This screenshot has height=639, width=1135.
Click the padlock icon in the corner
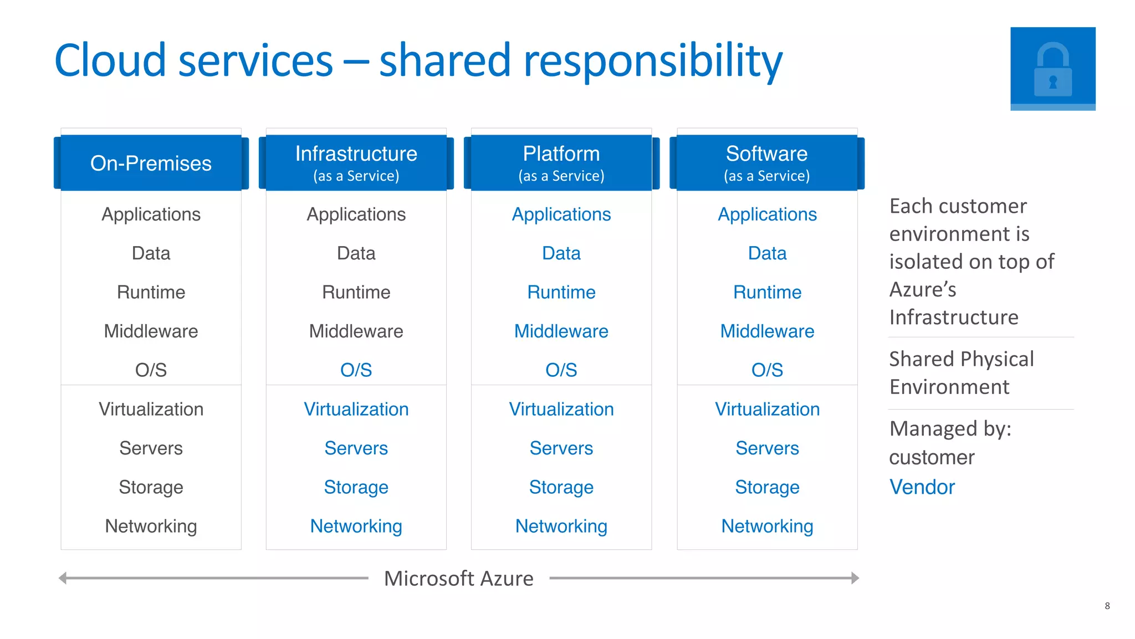1052,69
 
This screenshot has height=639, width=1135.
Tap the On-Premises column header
151,163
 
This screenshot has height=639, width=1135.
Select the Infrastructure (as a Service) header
356,163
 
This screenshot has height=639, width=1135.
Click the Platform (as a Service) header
561,163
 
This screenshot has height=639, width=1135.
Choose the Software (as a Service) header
767,163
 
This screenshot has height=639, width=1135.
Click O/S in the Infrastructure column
356,370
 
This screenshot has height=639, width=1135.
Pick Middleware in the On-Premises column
151,331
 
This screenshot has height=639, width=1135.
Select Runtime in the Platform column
561,292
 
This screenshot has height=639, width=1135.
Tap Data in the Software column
767,253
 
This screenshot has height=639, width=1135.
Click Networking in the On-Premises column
151,526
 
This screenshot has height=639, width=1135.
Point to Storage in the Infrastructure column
356,487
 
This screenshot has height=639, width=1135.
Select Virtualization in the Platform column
561,409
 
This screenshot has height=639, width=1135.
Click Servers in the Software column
767,448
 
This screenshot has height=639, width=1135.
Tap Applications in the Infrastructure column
356,214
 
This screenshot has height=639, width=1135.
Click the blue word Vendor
922,487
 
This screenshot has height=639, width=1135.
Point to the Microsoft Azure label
458,578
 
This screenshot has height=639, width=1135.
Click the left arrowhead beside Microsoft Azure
63,578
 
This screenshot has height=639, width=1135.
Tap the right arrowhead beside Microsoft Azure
855,578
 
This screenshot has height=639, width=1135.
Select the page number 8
1107,606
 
